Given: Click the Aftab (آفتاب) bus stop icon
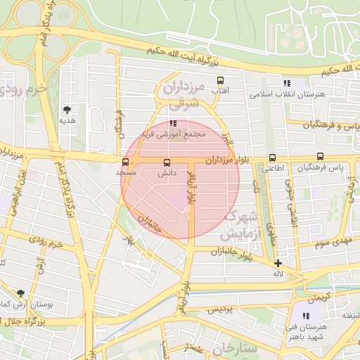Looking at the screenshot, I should (220, 80).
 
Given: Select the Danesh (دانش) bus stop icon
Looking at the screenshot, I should (166, 162).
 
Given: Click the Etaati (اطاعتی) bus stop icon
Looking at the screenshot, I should (272, 158).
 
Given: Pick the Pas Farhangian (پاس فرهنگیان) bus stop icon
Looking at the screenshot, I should (320, 157).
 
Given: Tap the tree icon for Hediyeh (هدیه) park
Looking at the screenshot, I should (67, 110).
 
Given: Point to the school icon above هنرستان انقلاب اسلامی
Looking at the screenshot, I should (286, 83).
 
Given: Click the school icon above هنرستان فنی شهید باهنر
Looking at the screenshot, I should (306, 317).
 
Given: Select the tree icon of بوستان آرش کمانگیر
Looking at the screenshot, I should (20, 292).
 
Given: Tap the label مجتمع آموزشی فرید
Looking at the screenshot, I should (173, 134).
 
